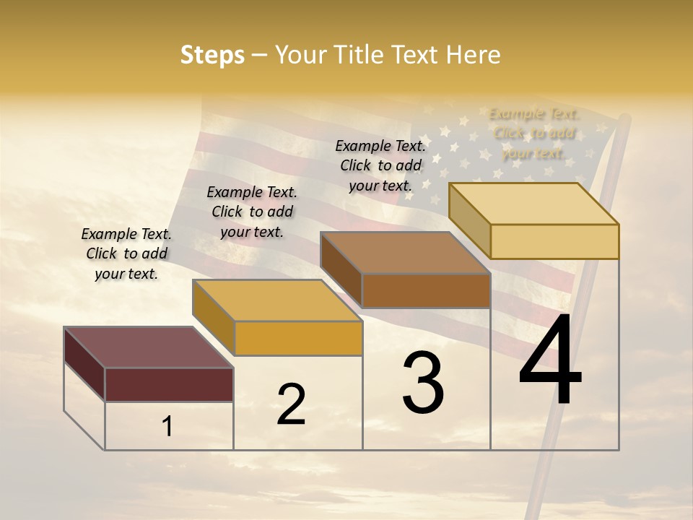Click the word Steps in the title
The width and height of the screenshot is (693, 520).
(212, 55)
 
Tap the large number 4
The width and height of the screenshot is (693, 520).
(550, 361)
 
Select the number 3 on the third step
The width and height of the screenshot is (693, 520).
(423, 383)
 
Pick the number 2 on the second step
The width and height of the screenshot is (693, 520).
(291, 404)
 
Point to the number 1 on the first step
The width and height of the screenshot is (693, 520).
(167, 427)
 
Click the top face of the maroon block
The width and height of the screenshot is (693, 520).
(148, 347)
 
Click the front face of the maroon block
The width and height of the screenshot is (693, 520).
(169, 384)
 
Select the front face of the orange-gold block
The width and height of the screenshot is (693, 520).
(298, 338)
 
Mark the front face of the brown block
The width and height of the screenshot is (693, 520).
(426, 290)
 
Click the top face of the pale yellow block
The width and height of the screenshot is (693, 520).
(533, 204)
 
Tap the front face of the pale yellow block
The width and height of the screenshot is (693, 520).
(554, 241)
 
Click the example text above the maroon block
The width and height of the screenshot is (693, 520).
(126, 253)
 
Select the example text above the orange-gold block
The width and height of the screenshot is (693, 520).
(252, 212)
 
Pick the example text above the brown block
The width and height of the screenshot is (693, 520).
(380, 165)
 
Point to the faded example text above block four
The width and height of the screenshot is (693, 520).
(533, 134)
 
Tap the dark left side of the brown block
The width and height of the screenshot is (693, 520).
(341, 269)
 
